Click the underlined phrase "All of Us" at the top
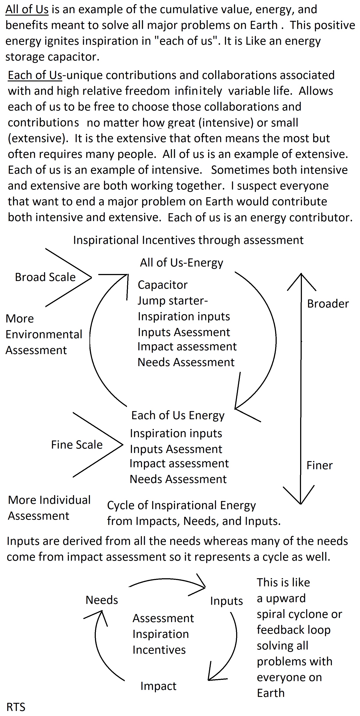coord(27,10)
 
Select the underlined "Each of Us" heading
coord(35,75)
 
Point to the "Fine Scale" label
coord(77,445)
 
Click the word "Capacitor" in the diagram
coord(162,285)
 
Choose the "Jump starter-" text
coord(173,301)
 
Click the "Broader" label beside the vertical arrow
coord(328,304)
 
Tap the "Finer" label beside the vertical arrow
coord(319,465)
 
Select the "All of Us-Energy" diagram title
coord(181,263)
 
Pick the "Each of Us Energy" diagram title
coord(178,415)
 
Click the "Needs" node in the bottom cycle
coord(102,600)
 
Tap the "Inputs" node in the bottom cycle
coord(226,601)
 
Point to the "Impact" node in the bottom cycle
coord(158,686)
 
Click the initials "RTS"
coord(16,707)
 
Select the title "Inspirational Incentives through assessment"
coord(188,240)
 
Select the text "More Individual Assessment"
coord(49,508)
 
